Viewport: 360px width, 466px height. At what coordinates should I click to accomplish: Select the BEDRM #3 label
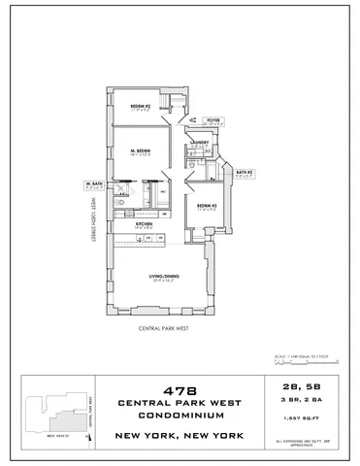(x=206, y=205)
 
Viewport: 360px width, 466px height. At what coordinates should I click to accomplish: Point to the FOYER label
(x=213, y=119)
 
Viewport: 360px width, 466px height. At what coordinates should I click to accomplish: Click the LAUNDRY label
(x=201, y=144)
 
